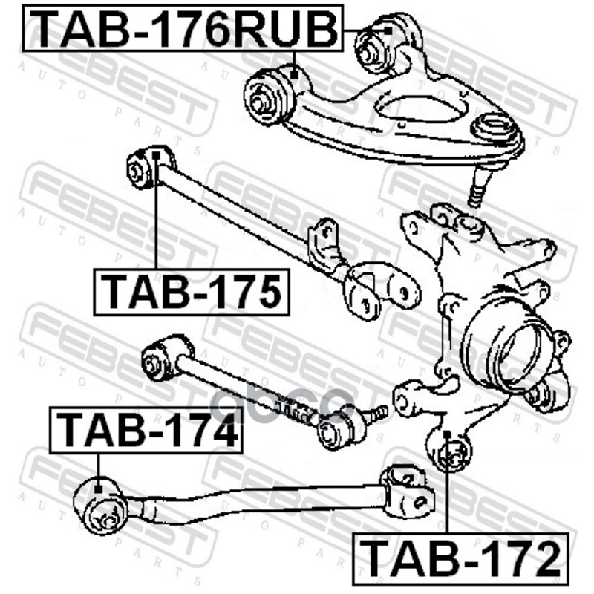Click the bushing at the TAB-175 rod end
click(142, 168)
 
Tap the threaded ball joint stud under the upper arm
click(477, 190)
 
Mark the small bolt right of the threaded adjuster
click(378, 410)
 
